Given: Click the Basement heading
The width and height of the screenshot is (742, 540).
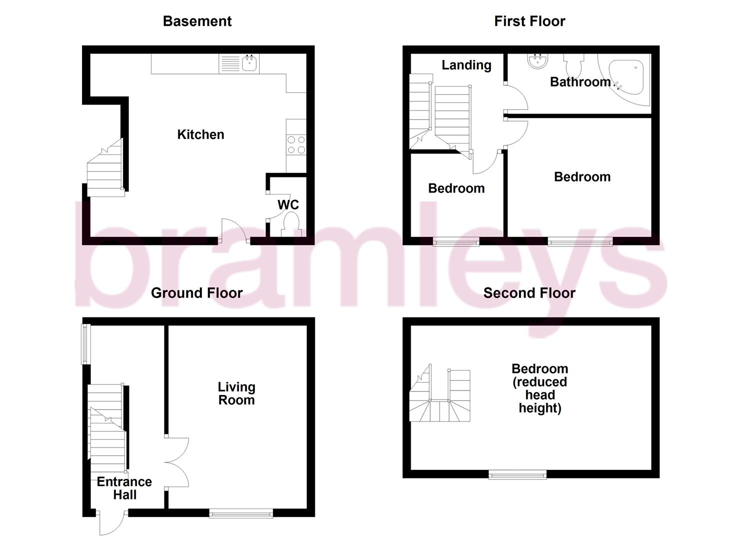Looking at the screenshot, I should [197, 21].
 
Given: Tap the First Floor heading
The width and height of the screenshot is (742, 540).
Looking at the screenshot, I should [529, 21].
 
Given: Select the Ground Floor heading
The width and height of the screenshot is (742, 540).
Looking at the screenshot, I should [196, 292].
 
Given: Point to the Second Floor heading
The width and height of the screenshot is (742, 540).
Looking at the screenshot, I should [529, 292].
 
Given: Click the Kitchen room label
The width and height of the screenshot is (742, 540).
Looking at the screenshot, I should [200, 134].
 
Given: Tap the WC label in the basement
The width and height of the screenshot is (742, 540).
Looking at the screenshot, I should [288, 204].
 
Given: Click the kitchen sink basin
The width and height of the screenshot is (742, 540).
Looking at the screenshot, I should [249, 63].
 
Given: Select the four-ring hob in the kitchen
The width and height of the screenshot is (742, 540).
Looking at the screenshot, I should [295, 144].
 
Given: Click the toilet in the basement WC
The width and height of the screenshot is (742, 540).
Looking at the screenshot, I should [291, 223].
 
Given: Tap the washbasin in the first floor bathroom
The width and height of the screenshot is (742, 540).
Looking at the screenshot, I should [537, 61].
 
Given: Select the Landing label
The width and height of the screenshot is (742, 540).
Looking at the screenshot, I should [466, 65].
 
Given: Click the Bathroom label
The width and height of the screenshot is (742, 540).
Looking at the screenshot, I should [580, 81].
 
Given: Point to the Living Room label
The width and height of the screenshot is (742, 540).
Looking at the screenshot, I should [236, 393].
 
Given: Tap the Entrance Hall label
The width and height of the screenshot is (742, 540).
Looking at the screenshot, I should [124, 488].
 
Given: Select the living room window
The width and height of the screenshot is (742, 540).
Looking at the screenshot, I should [241, 513].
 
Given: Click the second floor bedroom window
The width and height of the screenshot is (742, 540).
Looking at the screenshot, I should [517, 474].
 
